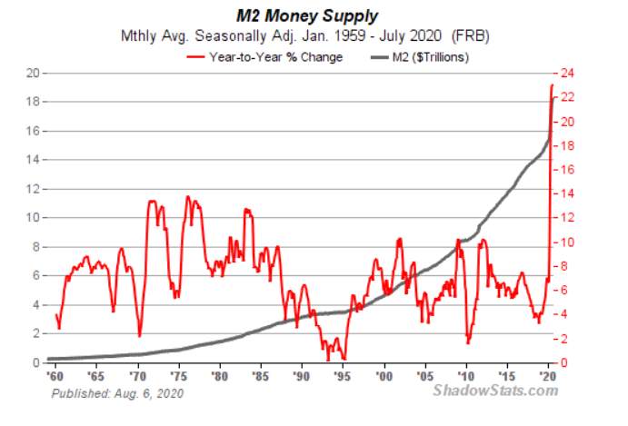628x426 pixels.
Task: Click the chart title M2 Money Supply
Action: click(x=307, y=16)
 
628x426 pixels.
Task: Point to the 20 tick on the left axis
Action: click(x=33, y=74)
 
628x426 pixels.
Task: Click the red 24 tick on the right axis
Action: click(x=567, y=74)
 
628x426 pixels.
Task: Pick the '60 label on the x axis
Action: click(x=55, y=376)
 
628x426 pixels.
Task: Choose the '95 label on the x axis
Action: click(x=343, y=376)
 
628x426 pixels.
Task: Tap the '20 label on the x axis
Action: click(x=548, y=376)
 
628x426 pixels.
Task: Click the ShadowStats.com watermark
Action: click(x=495, y=390)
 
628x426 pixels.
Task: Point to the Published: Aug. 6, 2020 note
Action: click(x=117, y=393)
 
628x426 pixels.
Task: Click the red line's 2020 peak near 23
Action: click(x=552, y=84)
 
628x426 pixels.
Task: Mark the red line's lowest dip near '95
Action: click(x=328, y=360)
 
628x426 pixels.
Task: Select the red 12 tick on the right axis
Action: click(x=567, y=218)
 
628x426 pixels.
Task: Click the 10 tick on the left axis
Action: click(x=33, y=218)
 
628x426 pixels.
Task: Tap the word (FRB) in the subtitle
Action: click(x=470, y=36)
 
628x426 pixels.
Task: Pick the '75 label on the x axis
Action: click(x=178, y=376)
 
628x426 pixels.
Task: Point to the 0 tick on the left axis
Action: click(x=36, y=362)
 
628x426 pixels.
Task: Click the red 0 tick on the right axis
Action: click(x=564, y=362)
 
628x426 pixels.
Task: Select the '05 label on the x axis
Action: click(x=424, y=376)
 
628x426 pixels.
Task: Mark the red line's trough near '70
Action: click(x=139, y=335)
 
